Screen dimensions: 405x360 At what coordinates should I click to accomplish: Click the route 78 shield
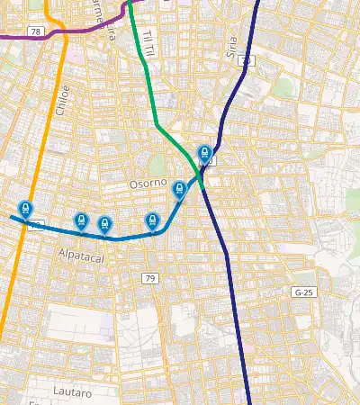[x=35, y=31]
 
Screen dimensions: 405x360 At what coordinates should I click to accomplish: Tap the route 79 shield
[x=149, y=279]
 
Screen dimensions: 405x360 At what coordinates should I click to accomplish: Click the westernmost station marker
[x=25, y=210]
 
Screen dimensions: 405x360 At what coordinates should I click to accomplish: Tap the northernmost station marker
[x=204, y=154]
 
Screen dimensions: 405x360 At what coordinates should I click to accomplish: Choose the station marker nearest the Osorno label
[x=179, y=190]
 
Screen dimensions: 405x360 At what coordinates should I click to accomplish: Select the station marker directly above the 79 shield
[x=152, y=220]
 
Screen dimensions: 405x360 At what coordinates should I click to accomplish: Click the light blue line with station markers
[x=126, y=237]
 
